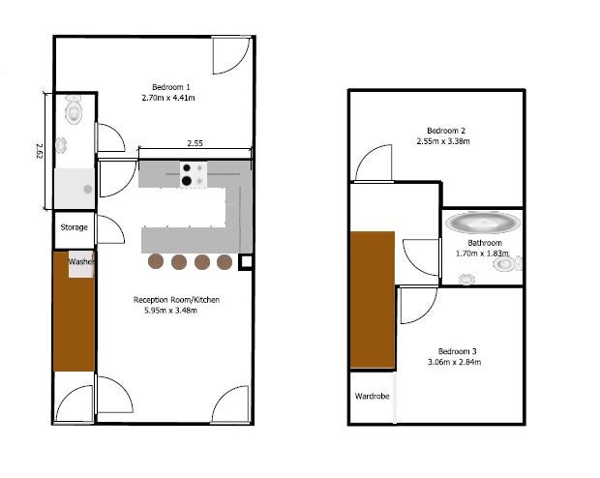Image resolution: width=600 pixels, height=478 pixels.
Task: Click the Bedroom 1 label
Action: (x=170, y=87)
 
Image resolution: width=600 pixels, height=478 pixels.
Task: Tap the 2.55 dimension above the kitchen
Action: (x=195, y=143)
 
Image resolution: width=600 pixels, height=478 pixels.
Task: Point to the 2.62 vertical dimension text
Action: (x=40, y=151)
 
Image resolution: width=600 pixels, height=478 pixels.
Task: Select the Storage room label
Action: (x=74, y=227)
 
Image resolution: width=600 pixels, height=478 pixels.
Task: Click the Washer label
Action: (x=80, y=262)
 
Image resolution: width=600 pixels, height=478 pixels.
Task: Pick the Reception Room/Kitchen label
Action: (x=176, y=300)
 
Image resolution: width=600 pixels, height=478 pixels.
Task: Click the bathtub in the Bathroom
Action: (x=483, y=223)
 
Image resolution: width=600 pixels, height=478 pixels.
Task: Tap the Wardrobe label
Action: (x=372, y=396)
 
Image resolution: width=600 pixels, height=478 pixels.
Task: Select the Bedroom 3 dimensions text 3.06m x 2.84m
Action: (x=454, y=362)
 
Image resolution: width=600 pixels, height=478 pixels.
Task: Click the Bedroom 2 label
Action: (x=446, y=131)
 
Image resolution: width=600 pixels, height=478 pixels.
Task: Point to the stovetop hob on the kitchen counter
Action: (x=194, y=174)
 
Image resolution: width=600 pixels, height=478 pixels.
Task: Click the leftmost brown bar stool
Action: (x=156, y=262)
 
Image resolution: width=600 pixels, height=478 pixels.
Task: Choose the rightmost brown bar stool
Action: (x=225, y=262)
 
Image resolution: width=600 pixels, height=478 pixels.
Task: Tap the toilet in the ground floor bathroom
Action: (x=74, y=110)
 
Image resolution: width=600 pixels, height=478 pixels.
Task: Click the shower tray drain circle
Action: (x=88, y=189)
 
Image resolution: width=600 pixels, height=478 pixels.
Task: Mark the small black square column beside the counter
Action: (x=246, y=262)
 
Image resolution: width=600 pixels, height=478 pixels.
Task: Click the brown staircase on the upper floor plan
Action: (x=373, y=300)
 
